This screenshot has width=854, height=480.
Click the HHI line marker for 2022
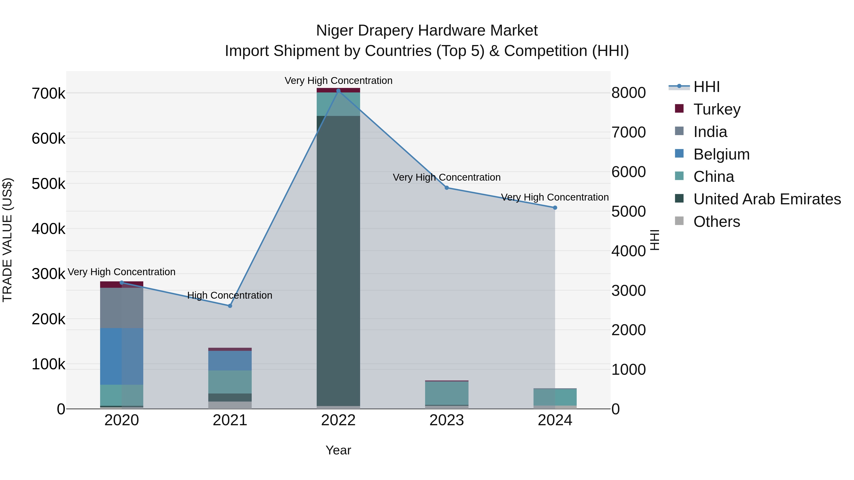point(338,91)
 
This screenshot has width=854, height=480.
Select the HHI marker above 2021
point(230,306)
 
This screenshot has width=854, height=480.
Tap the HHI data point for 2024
point(555,208)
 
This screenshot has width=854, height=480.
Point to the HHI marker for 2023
point(446,188)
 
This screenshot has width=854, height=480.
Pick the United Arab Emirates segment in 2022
point(338,262)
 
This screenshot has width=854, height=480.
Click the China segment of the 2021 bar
point(230,382)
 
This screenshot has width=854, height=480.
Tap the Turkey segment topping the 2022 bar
point(338,90)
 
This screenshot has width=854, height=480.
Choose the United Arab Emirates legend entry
point(766,199)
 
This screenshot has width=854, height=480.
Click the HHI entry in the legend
point(706,87)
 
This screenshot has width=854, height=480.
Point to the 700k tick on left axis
point(48,94)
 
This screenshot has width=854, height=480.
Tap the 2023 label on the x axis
point(446,420)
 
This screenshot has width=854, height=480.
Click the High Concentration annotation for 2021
point(230,295)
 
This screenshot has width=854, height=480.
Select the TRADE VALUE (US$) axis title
point(7,240)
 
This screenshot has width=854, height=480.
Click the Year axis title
point(338,450)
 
